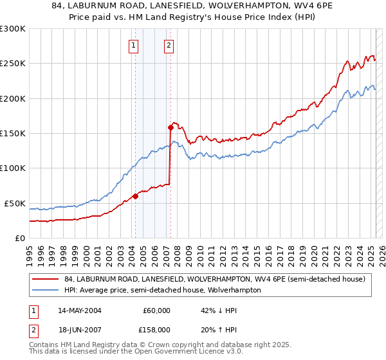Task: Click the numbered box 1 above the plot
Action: [133, 45]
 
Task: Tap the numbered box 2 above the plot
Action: [169, 45]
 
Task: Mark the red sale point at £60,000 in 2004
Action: [135, 196]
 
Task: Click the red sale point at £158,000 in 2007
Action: [170, 127]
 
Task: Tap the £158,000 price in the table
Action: [156, 329]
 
